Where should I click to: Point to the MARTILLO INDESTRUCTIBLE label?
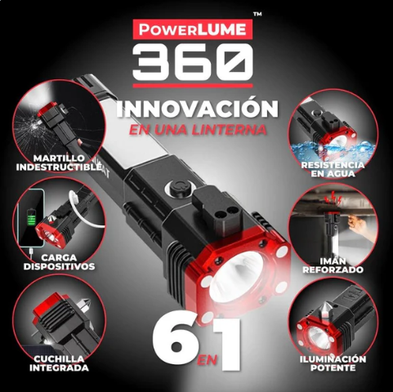tap(56, 162)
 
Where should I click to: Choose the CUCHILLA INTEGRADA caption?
tap(57, 363)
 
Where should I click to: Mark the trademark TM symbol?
tap(257, 14)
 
